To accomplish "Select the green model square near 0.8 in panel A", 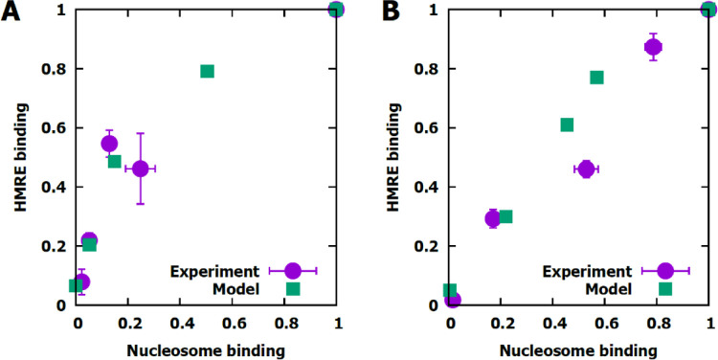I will (x=207, y=71).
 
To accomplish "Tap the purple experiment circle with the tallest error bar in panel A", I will (x=141, y=169).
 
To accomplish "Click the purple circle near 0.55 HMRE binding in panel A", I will (x=109, y=144).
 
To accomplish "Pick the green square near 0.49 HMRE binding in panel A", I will (x=114, y=161).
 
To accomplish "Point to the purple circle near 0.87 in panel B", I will (x=654, y=47).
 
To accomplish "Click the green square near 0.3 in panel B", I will (x=505, y=216).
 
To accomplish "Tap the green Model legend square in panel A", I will (x=293, y=288).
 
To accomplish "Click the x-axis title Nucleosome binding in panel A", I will (x=206, y=349).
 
